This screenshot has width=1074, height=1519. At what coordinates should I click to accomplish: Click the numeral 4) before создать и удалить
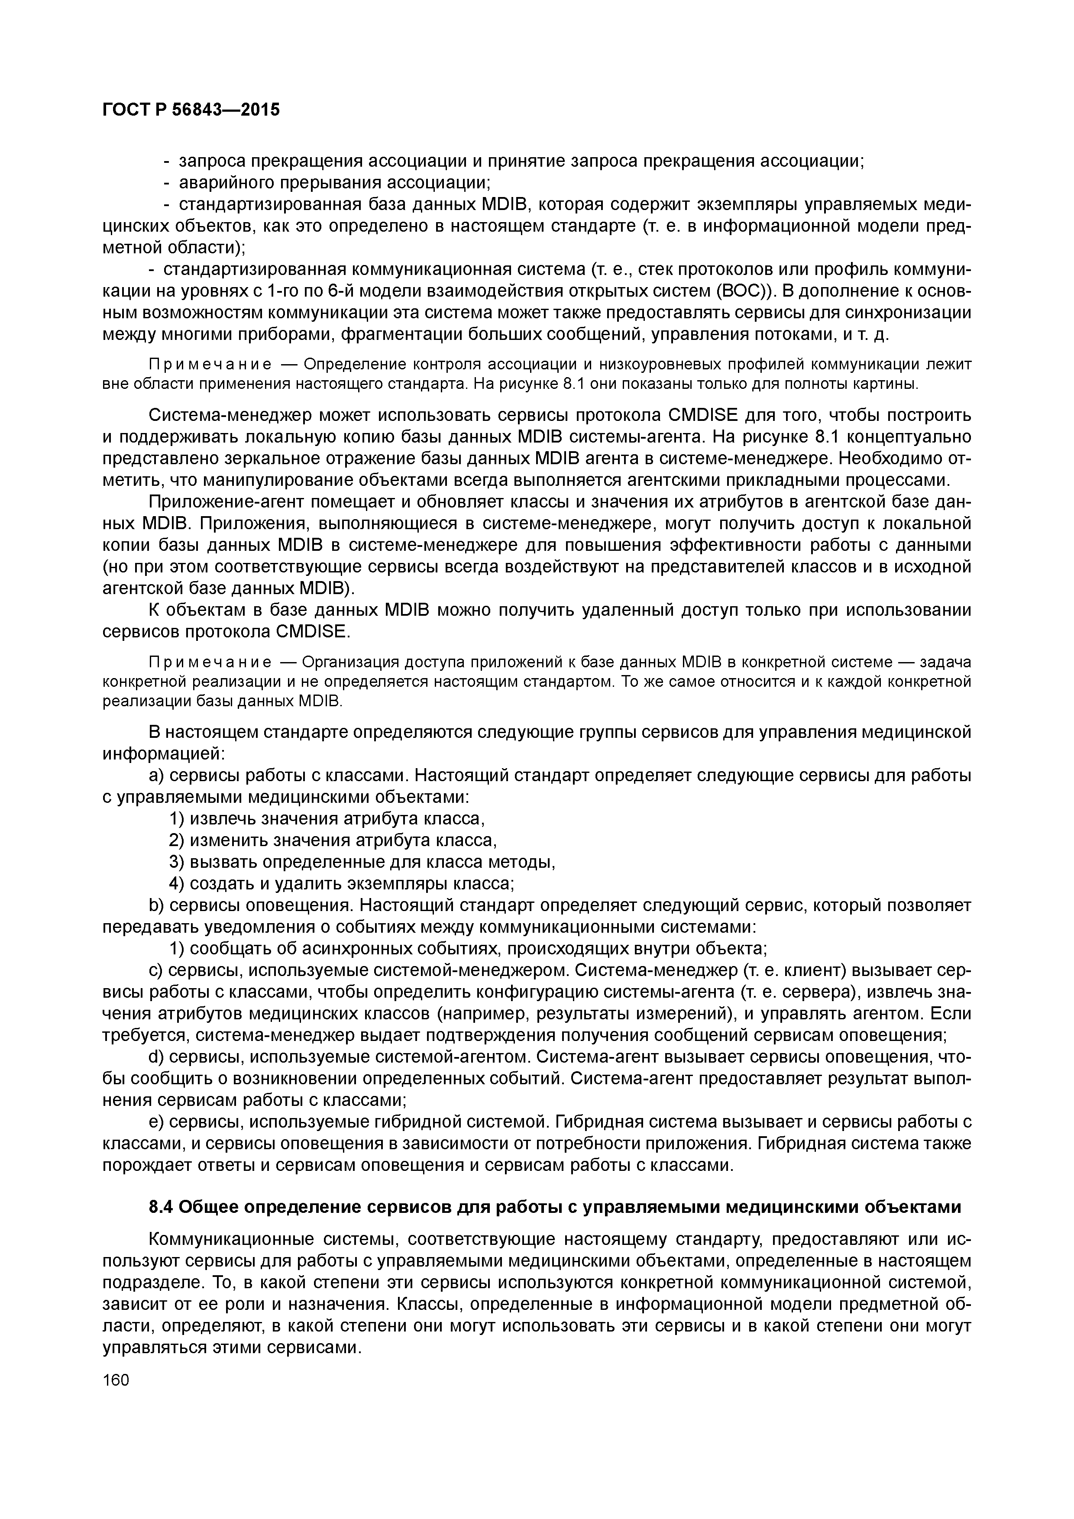click(x=177, y=883)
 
